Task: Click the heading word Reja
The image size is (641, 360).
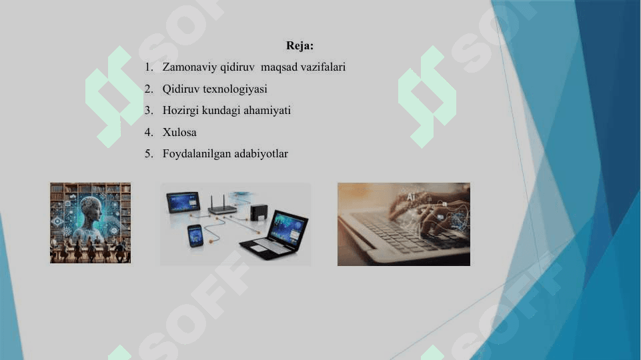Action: coord(299,46)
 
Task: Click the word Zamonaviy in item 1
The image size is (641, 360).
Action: coord(186,67)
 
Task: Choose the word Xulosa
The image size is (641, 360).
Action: coord(179,132)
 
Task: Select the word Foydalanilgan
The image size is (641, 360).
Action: coord(197,154)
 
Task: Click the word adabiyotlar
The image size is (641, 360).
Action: coord(261,154)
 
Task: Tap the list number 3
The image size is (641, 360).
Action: coord(149,110)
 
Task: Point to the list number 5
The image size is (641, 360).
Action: coord(149,154)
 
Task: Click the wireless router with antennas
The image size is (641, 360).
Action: coord(222,207)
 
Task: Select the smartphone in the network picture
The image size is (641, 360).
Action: coord(195,235)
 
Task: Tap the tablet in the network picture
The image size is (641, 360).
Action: coord(183,202)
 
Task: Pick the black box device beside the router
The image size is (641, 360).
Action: coord(259,212)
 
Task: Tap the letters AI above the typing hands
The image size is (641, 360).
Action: coord(411,197)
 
